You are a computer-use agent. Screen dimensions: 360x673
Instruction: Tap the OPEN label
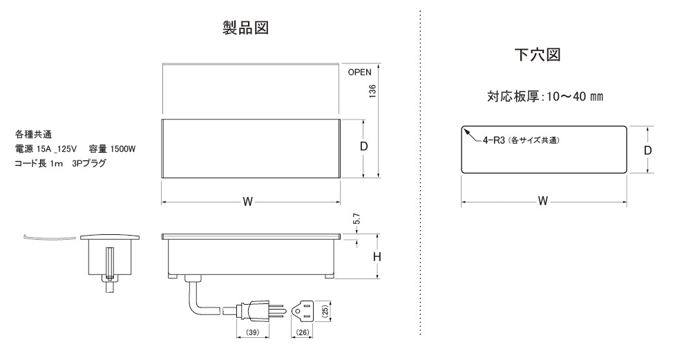click(360, 71)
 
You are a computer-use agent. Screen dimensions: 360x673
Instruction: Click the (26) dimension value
click(302, 334)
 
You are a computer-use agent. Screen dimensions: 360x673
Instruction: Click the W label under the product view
click(247, 202)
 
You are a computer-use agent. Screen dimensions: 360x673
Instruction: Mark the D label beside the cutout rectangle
click(647, 150)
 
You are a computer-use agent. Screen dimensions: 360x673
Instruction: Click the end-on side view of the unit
click(109, 259)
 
